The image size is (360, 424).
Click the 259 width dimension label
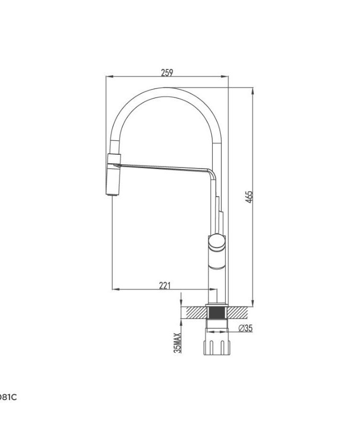(167, 72)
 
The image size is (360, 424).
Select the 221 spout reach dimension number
(165, 286)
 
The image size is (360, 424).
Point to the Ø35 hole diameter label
(246, 328)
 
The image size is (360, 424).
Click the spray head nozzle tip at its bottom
(113, 195)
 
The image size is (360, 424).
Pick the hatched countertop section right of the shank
(239, 312)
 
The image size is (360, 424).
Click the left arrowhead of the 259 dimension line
(109, 77)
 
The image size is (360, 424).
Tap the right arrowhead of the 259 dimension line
(226, 77)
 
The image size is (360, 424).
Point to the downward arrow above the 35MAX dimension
(181, 301)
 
